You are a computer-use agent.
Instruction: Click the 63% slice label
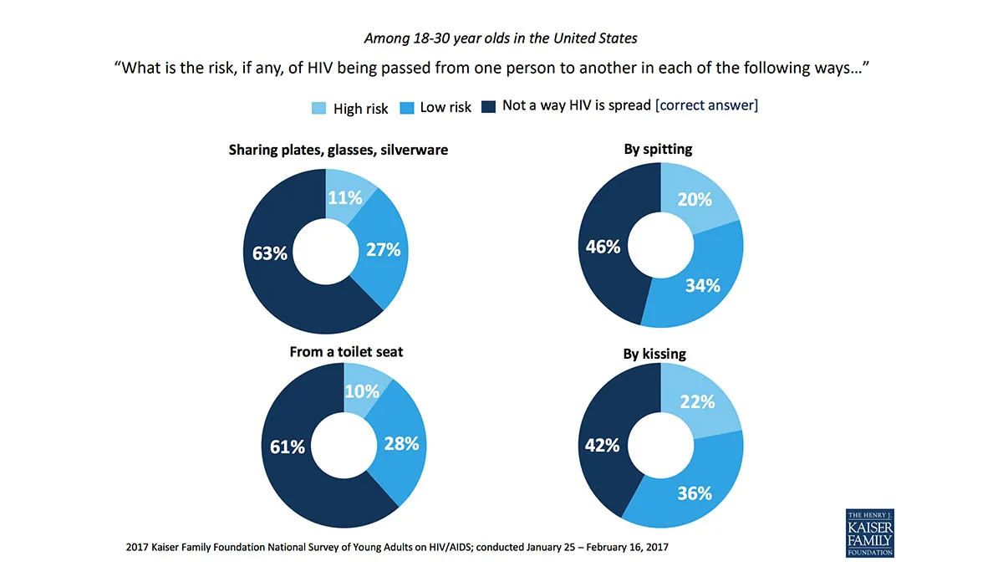pos(270,252)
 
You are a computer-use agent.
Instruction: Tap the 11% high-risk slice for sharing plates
pos(345,197)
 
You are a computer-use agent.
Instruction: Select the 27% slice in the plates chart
pos(384,249)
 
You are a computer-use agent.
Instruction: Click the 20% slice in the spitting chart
pos(695,199)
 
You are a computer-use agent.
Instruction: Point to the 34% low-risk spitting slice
pos(703,285)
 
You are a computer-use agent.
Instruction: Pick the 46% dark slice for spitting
pos(603,247)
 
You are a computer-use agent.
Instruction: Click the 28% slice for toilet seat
pos(401,444)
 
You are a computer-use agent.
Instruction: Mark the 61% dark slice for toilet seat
pos(288,447)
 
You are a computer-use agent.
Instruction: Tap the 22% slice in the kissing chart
pos(697,401)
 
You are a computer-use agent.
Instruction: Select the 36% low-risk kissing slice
pos(695,493)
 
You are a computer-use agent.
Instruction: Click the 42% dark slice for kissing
pos(603,445)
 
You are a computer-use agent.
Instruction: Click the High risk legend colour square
pos(319,108)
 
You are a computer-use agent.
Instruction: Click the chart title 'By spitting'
pos(658,150)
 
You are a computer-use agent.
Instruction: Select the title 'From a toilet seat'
pos(346,352)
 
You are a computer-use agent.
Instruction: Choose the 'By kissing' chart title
pos(654,354)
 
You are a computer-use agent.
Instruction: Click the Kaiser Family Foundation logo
pos(870,532)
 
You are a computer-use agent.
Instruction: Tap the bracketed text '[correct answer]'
pos(706,106)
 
